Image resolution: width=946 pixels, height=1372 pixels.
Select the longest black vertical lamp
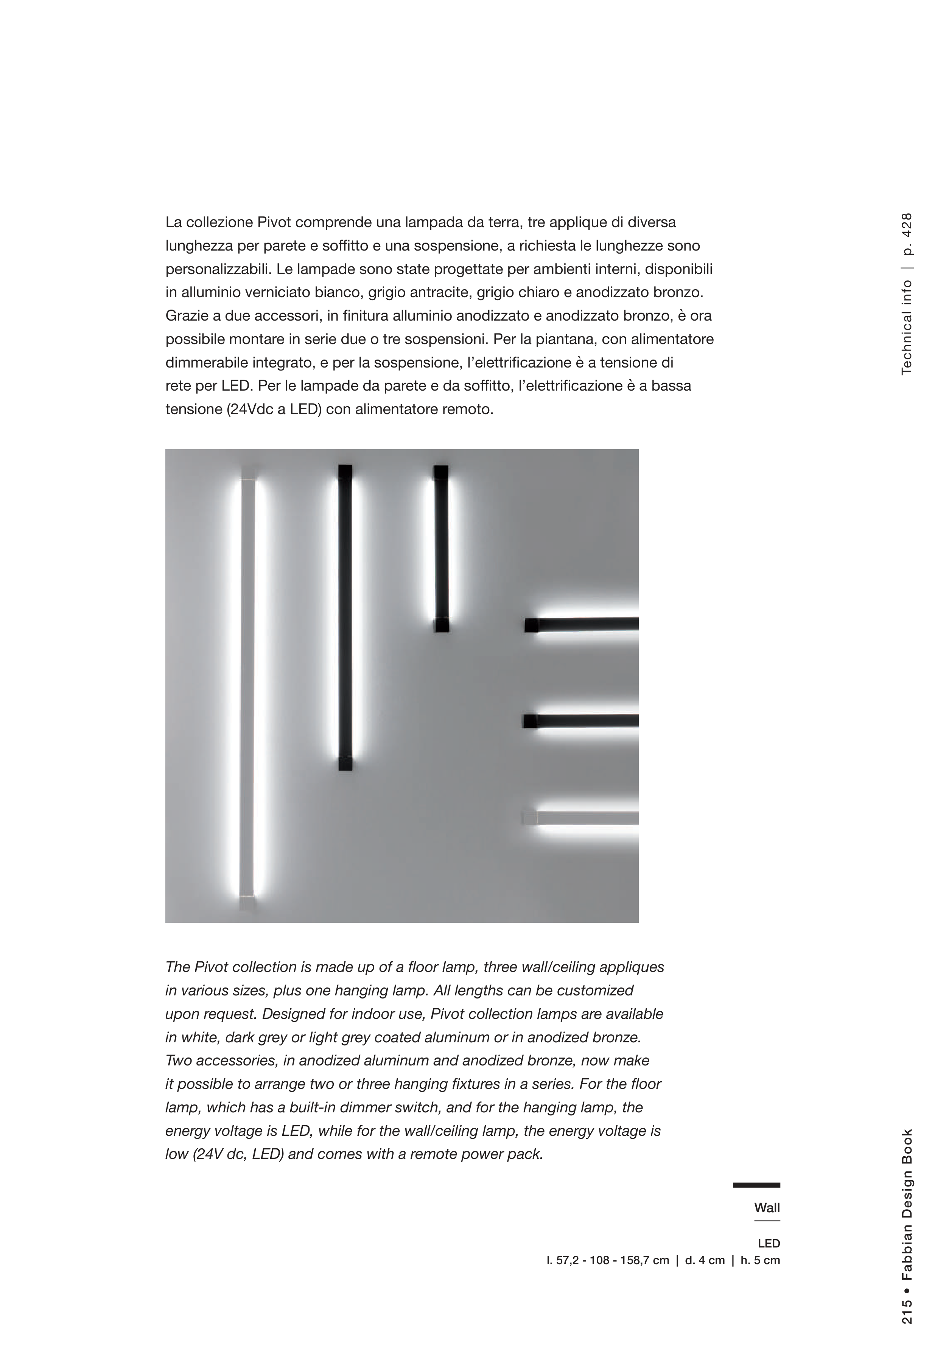tap(345, 617)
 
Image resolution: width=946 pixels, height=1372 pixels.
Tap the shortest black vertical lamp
tap(441, 548)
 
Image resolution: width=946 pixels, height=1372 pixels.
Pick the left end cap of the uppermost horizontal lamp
tap(532, 625)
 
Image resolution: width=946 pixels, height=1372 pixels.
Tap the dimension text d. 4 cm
tap(704, 1260)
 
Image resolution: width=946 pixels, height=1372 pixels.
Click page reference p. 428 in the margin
tap(906, 234)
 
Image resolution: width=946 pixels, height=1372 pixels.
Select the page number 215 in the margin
tap(906, 1320)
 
